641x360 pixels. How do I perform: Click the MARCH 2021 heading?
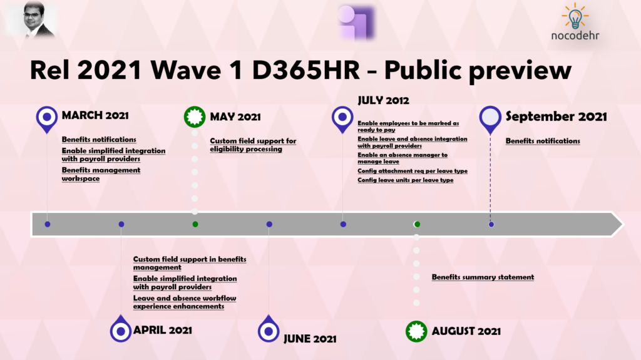[x=95, y=115]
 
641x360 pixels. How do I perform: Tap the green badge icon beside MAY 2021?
[x=195, y=117]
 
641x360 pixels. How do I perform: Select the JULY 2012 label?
[x=384, y=100]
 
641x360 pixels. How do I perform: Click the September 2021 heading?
[x=556, y=116]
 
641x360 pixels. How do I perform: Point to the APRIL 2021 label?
[x=163, y=330]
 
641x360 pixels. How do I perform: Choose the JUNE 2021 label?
[x=310, y=339]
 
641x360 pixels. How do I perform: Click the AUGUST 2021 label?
[x=466, y=331]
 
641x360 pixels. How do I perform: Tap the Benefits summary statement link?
[x=483, y=277]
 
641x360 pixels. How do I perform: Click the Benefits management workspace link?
[x=101, y=174]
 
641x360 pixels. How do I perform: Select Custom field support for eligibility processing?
[x=253, y=145]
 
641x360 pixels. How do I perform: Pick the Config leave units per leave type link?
[x=406, y=180]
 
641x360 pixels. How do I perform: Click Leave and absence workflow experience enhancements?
[x=185, y=302]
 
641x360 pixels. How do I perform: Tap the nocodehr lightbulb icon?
[x=575, y=16]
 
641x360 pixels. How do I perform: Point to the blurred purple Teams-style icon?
[x=356, y=23]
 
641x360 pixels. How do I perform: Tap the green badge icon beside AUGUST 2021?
[x=416, y=331]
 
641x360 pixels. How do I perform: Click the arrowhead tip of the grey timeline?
[x=623, y=224]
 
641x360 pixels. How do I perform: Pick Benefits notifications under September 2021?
[x=543, y=141]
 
